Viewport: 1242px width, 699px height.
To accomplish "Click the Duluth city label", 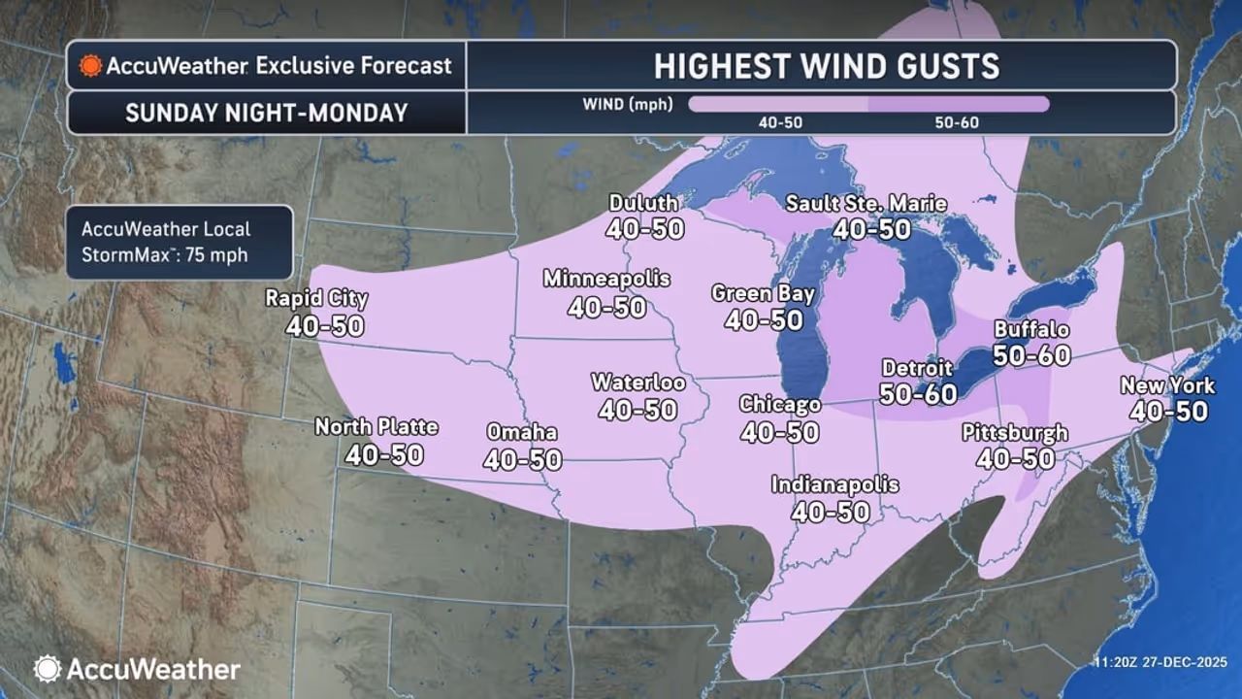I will pyautogui.click(x=644, y=203).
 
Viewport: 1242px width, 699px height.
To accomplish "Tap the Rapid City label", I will pyautogui.click(x=317, y=298).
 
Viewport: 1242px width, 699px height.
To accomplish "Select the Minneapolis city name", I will pyautogui.click(x=606, y=279).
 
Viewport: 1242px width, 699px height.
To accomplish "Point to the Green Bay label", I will pyautogui.click(x=763, y=293).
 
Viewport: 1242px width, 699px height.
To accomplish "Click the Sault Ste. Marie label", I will pyautogui.click(x=866, y=203).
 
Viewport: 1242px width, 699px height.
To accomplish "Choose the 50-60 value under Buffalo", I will pyautogui.click(x=1031, y=355).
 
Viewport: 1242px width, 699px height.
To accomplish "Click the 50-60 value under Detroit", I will pyautogui.click(x=918, y=393).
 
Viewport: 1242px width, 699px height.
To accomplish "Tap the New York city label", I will pyautogui.click(x=1167, y=385).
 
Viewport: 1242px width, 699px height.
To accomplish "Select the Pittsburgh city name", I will pyautogui.click(x=1015, y=432).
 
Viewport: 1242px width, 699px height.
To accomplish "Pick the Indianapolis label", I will pyautogui.click(x=834, y=483).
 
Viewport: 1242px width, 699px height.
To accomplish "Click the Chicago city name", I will pyautogui.click(x=780, y=404).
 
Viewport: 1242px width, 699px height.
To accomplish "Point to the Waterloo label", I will pyautogui.click(x=637, y=383).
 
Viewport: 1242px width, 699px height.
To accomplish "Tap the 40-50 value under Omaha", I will pyautogui.click(x=522, y=459).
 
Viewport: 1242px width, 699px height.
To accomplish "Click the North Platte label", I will pyautogui.click(x=376, y=426).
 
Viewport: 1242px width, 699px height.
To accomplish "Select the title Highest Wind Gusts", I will pyautogui.click(x=826, y=66).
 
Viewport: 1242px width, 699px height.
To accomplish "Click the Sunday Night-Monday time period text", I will pyautogui.click(x=267, y=113).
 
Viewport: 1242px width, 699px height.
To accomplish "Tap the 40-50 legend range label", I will pyautogui.click(x=779, y=123).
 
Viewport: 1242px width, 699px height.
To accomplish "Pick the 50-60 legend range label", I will pyautogui.click(x=958, y=123).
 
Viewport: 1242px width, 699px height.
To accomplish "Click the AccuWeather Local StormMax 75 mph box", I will pyautogui.click(x=180, y=243).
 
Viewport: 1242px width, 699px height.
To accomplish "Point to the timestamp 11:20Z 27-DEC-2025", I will pyautogui.click(x=1160, y=663).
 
